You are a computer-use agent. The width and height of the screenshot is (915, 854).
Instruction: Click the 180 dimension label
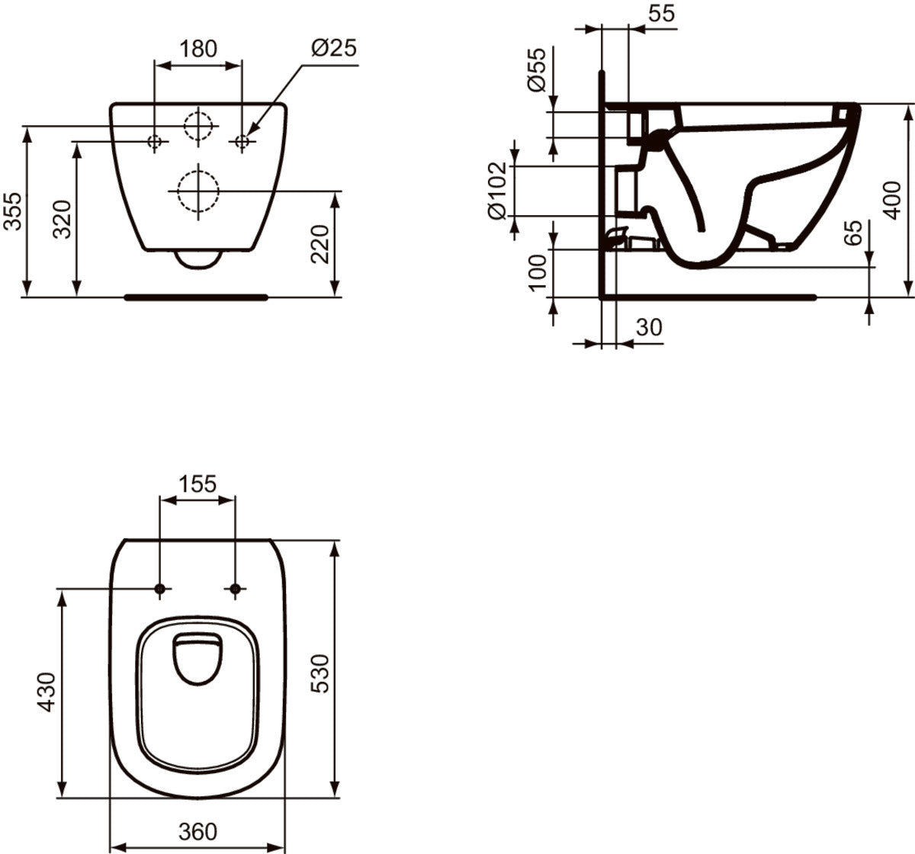pyautogui.click(x=198, y=48)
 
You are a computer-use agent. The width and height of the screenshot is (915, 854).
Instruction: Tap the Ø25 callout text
pyautogui.click(x=334, y=47)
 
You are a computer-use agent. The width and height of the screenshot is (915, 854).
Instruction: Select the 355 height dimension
pyautogui.click(x=12, y=211)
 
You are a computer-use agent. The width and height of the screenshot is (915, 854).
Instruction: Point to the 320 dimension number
pyautogui.click(x=62, y=219)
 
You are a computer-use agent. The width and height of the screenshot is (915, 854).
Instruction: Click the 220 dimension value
pyautogui.click(x=319, y=244)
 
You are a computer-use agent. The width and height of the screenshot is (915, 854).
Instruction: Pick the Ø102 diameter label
pyautogui.click(x=497, y=191)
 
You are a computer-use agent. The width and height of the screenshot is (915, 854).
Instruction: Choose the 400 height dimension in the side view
pyautogui.click(x=891, y=201)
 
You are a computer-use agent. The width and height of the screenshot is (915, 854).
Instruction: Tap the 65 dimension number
pyautogui.click(x=852, y=233)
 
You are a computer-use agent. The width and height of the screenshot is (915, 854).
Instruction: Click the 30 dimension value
pyautogui.click(x=649, y=327)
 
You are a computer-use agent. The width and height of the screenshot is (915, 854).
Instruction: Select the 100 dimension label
pyautogui.click(x=537, y=273)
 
